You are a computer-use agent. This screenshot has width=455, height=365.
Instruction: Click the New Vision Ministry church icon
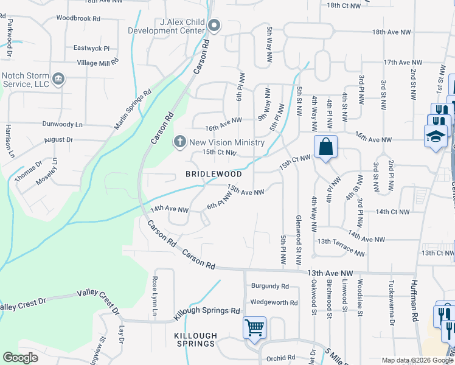pyautogui.click(x=180, y=142)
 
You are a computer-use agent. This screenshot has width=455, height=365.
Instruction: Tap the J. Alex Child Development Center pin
pyautogui.click(x=214, y=26)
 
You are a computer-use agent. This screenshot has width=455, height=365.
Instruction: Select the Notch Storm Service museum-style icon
pyautogui.click(x=59, y=78)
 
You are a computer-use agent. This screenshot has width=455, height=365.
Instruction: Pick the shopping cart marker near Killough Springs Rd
pyautogui.click(x=254, y=328)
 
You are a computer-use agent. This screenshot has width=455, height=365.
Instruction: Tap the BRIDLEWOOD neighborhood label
pyautogui.click(x=214, y=174)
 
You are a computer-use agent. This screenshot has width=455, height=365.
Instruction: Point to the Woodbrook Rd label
pyautogui.click(x=78, y=18)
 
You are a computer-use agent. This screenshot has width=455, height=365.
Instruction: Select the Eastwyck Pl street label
pyautogui.click(x=91, y=47)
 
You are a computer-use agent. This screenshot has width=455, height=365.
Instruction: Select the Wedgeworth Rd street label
pyautogui.click(x=274, y=302)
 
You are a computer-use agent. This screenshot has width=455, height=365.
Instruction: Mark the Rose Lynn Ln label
pyautogui.click(x=155, y=296)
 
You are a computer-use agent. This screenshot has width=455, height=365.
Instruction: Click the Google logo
pyautogui.click(x=20, y=358)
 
